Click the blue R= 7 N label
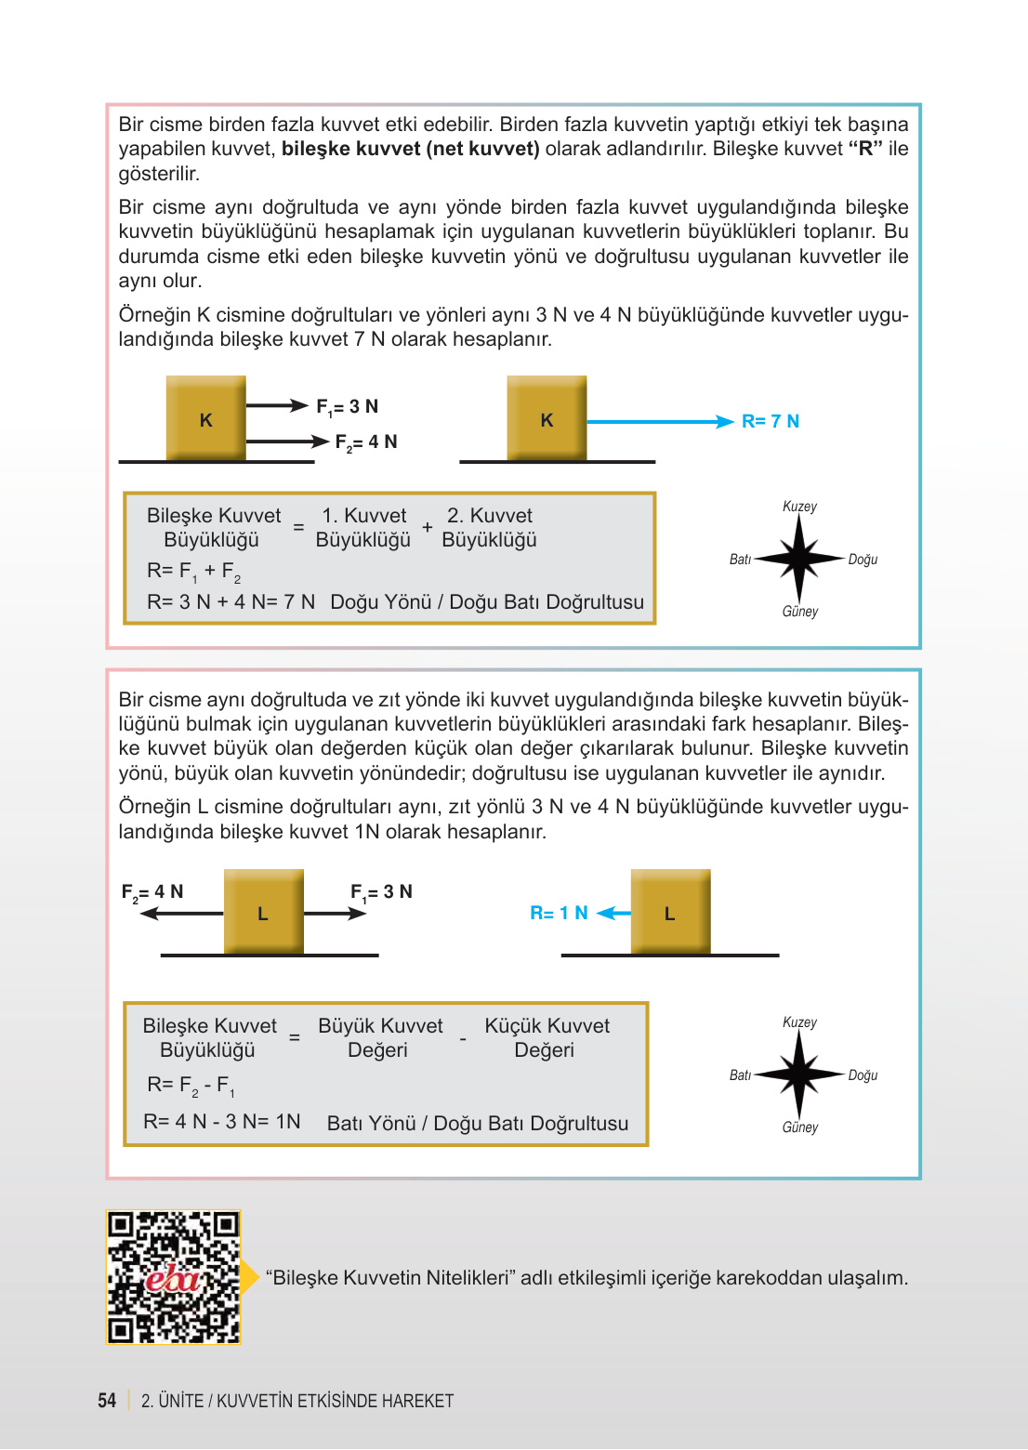770,421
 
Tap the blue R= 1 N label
559,913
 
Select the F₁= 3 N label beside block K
347,406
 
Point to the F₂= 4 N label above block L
152,891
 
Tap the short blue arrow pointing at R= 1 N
613,914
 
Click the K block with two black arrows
205,418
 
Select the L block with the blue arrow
670,912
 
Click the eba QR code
173,1277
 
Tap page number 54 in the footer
107,1400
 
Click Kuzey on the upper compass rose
799,507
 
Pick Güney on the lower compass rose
799,1127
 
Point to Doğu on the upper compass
863,560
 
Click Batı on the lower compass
740,1074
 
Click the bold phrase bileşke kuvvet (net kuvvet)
410,149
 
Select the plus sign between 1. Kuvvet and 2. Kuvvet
427,527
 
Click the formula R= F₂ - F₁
191,1085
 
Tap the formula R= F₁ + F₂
193,571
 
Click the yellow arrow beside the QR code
250,1277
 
